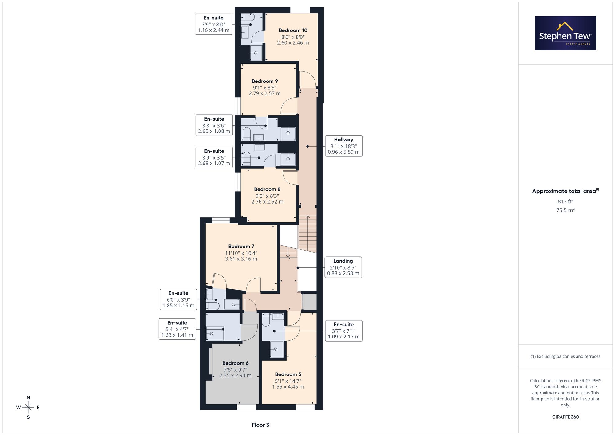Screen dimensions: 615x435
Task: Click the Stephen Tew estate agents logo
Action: point(565,33)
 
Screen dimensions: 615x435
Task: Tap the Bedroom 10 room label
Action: point(293,30)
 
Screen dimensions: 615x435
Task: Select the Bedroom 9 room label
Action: point(265,81)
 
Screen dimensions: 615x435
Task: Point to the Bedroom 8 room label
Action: point(267,189)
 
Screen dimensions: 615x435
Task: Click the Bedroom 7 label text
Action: point(241,247)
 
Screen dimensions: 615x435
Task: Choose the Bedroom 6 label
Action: point(236,363)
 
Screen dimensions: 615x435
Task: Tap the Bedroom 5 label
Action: point(288,374)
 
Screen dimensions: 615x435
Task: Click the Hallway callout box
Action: point(344,146)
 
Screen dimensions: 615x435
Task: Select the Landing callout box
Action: point(343,267)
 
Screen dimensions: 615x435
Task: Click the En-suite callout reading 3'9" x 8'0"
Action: point(214,24)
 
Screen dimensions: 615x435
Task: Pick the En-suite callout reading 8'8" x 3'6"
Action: point(214,125)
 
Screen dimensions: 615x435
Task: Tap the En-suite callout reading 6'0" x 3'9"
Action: point(178,299)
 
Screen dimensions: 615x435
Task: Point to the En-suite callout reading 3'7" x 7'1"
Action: point(344,331)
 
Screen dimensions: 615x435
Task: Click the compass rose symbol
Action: point(28,408)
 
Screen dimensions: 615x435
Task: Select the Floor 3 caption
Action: point(260,425)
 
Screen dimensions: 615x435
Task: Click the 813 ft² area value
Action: point(565,201)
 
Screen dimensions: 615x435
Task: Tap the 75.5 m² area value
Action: point(565,210)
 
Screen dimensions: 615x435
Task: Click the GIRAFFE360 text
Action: point(565,417)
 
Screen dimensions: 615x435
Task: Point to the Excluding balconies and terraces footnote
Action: point(565,357)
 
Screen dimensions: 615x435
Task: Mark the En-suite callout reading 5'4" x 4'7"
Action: point(177,329)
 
